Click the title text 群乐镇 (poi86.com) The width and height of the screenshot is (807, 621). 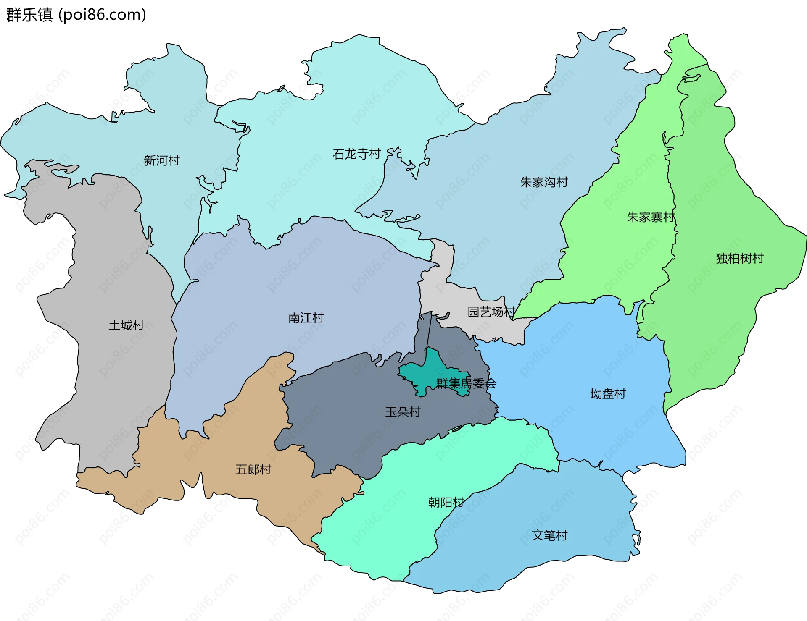76,15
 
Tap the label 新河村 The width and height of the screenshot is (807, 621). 161,160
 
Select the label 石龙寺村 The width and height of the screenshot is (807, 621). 356,154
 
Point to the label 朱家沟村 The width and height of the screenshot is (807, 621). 544,182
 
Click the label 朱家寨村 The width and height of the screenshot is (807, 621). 651,217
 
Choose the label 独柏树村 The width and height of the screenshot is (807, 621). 740,258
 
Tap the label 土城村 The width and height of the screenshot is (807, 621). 126,325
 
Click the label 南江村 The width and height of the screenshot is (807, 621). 306,318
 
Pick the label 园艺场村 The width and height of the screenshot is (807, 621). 491,312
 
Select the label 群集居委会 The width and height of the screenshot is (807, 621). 466,383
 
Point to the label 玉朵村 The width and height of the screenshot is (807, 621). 403,412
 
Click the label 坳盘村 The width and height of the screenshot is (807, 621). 608,394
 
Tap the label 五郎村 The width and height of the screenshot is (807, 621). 253,469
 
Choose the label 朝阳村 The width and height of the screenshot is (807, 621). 446,502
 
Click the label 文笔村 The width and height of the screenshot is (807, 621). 549,535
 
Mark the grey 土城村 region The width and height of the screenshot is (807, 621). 109,378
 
